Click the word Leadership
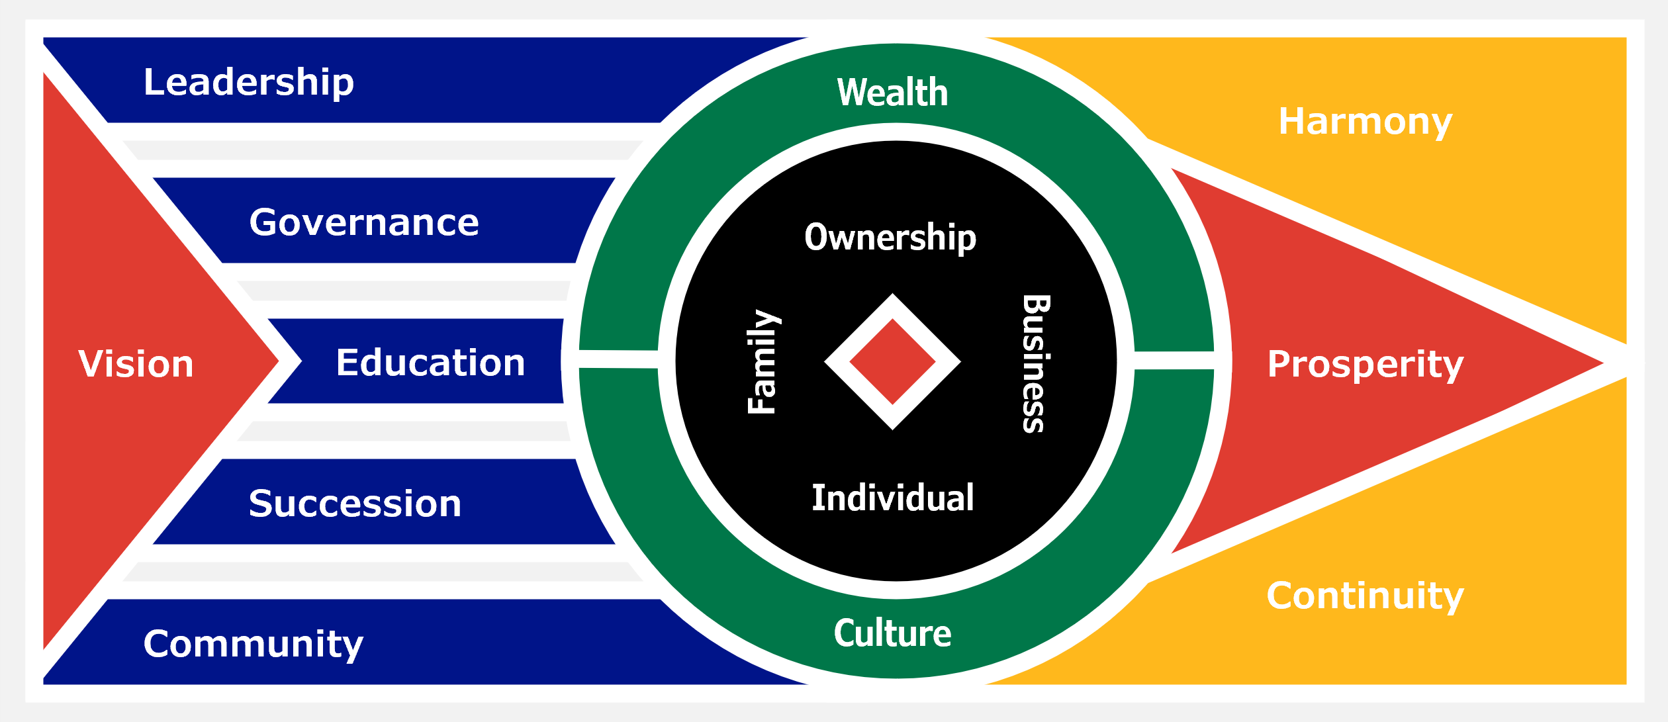click(x=249, y=82)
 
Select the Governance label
click(x=364, y=222)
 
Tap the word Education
click(x=430, y=363)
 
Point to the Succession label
click(x=355, y=504)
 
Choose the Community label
click(x=254, y=644)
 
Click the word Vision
click(x=136, y=364)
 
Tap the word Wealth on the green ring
click(x=892, y=92)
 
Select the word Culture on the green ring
click(x=892, y=633)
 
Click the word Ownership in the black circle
click(x=890, y=237)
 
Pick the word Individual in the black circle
click(x=892, y=498)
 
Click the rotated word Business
click(x=1036, y=363)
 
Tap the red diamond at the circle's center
click(x=892, y=362)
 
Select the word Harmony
click(x=1365, y=122)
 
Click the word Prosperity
click(x=1365, y=365)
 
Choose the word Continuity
click(x=1365, y=596)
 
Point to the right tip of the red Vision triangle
click(x=277, y=361)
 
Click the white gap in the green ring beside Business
click(x=1174, y=361)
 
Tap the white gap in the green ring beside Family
click(x=618, y=359)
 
